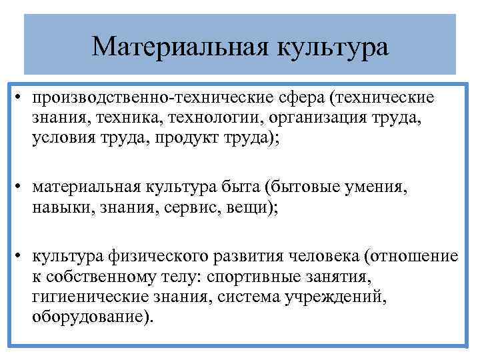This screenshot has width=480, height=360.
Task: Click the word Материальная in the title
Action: [x=175, y=46]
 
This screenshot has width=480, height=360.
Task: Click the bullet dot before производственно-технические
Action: [x=22, y=99]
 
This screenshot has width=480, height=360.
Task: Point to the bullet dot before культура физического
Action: [x=22, y=257]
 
